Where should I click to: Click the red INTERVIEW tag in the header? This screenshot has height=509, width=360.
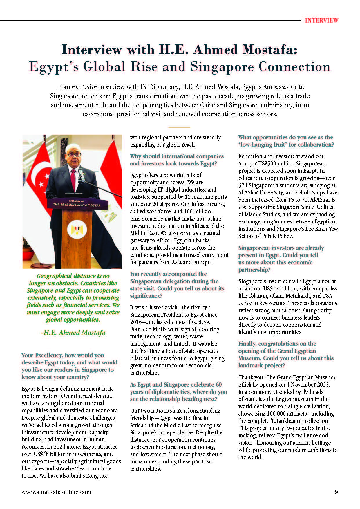point(321,20)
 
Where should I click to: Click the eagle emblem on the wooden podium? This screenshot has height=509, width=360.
point(75,230)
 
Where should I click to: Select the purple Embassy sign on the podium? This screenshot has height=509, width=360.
point(76,203)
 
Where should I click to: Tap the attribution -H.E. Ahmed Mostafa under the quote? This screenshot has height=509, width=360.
point(73,333)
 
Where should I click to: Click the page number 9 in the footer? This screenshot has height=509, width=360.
point(336,492)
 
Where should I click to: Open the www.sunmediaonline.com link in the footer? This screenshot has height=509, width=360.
point(57,492)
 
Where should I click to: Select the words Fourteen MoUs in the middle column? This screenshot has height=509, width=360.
point(148,329)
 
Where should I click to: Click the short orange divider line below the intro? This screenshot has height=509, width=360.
point(179,127)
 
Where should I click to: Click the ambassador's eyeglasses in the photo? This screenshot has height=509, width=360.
point(74,154)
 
